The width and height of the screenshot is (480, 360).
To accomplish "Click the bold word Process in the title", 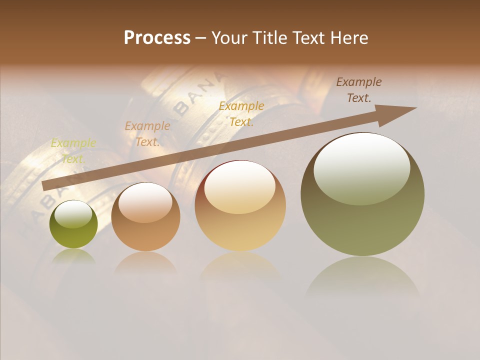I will pyautogui.click(x=157, y=38).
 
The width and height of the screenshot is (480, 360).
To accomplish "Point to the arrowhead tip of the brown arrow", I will pyautogui.click(x=415, y=108).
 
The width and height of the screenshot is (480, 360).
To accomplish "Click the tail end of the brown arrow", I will pyautogui.click(x=43, y=186).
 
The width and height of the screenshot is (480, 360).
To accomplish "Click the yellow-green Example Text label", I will pyautogui.click(x=73, y=151).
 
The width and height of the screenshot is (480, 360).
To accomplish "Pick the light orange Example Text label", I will pyautogui.click(x=147, y=134).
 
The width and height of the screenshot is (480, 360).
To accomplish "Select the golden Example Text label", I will pyautogui.click(x=241, y=113).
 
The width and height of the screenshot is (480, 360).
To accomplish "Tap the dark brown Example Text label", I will pyautogui.click(x=359, y=89).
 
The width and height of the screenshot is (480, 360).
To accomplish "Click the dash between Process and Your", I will pyautogui.click(x=201, y=38).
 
